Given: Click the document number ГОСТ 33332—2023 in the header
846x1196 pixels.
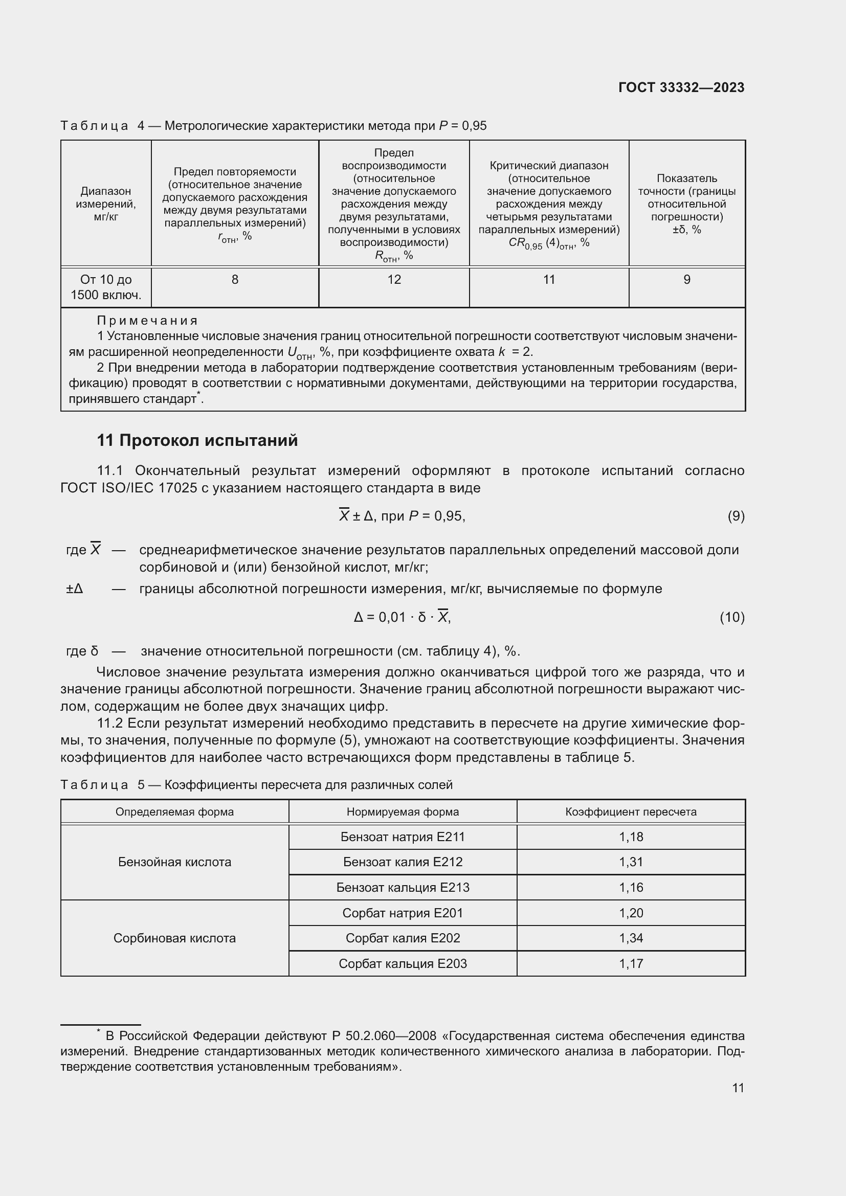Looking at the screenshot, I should [x=681, y=87].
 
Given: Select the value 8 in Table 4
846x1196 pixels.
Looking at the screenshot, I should [x=235, y=280].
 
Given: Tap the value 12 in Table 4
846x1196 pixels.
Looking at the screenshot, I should [x=394, y=280].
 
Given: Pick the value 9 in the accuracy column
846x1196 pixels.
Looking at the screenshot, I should [x=686, y=280].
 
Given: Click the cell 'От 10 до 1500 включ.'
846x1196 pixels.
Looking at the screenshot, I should [x=106, y=287].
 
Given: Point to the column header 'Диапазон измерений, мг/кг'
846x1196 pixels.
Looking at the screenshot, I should [x=106, y=204].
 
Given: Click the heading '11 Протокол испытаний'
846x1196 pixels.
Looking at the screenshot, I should [x=197, y=441].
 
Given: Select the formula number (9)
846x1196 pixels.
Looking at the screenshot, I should [x=736, y=516].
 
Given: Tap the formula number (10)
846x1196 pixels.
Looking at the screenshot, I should [x=732, y=617].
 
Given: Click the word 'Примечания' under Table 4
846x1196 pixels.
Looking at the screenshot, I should [x=147, y=321].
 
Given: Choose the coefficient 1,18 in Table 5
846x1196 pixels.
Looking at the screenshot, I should [x=631, y=837].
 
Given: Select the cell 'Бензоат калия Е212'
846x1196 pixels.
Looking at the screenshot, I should [x=403, y=862].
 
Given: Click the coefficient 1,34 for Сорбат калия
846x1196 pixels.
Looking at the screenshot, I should [x=631, y=938].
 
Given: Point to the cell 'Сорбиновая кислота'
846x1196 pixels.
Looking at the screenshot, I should [x=174, y=938].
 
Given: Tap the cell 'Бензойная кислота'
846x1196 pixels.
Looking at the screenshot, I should [x=174, y=862].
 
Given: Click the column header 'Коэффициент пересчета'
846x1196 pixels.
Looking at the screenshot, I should [x=631, y=811].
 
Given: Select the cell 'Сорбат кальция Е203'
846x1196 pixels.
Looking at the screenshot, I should [x=403, y=964].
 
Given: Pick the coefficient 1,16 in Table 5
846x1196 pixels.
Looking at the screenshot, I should [x=631, y=888].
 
